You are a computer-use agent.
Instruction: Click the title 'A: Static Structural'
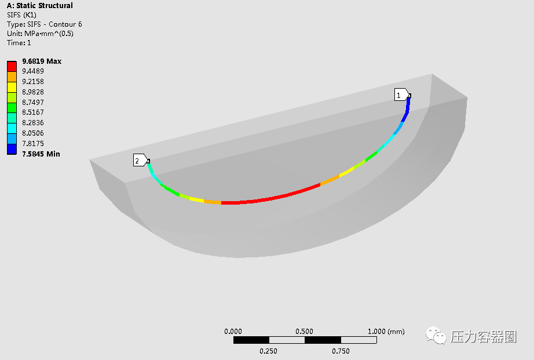pos(39,6)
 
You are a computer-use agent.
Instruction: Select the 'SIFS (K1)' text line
pos(23,15)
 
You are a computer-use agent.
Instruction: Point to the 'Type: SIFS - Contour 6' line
pos(44,24)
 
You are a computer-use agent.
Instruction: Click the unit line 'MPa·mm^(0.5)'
pos(40,34)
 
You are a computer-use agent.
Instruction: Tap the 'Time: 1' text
pos(19,43)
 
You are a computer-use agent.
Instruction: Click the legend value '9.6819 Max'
pos(41,61)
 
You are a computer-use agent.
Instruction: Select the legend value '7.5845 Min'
pos(41,154)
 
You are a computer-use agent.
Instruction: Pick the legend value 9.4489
pos(33,71)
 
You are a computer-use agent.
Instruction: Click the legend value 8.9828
pos(33,92)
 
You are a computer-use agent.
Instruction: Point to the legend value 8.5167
pos(33,112)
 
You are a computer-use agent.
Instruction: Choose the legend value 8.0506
pos(33,133)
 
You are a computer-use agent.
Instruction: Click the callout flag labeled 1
pos(401,94)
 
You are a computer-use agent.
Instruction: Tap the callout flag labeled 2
pos(140,161)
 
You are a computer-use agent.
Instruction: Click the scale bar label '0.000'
pos(233,332)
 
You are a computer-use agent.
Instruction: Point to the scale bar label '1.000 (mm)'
pos(386,332)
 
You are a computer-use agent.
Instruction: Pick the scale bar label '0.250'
pos(268,351)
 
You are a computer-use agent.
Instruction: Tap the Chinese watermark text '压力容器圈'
pos(484,336)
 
